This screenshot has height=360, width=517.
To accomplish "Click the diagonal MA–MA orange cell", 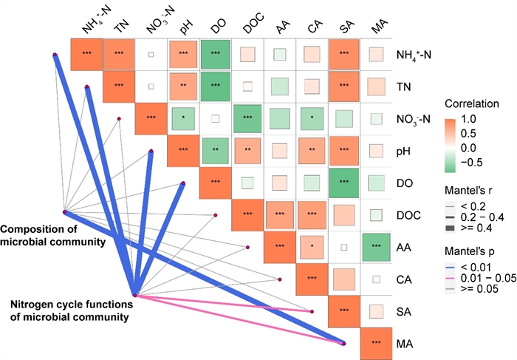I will (x=376, y=343).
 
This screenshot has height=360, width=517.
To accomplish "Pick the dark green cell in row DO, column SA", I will (x=343, y=183).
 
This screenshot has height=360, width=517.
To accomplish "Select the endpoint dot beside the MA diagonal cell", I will (x=345, y=343).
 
